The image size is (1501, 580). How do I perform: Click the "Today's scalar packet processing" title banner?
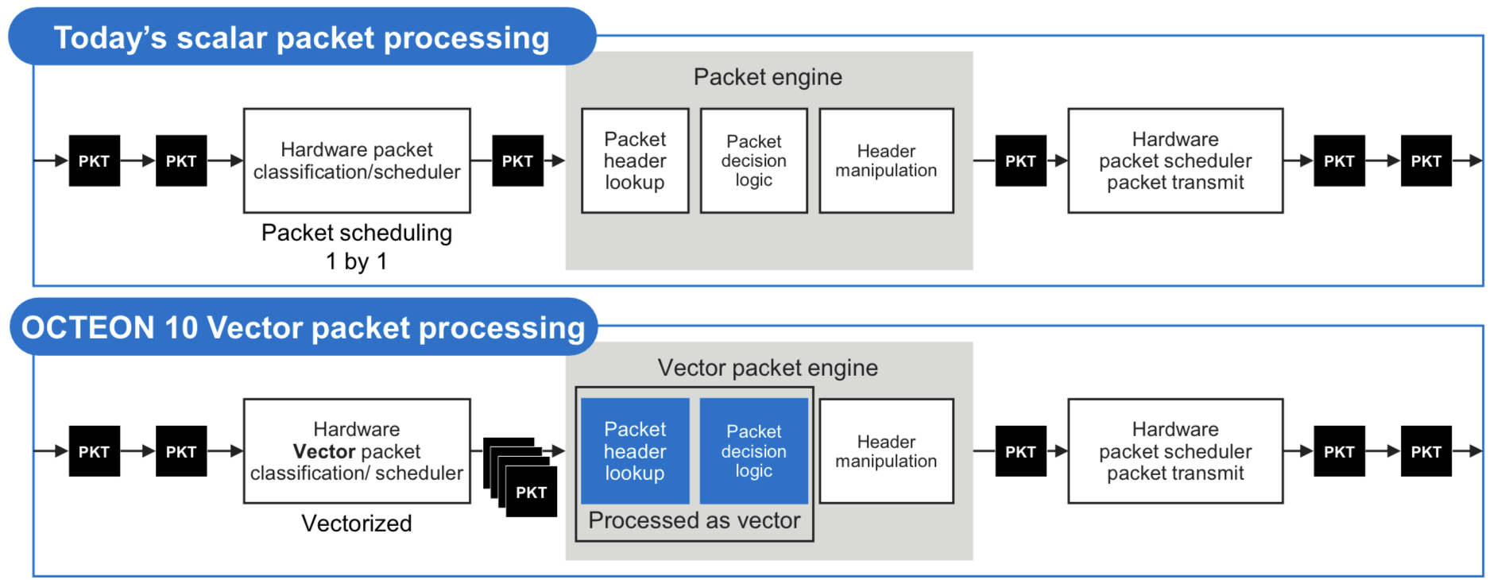302,37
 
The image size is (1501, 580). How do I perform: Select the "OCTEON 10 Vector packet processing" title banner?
303,327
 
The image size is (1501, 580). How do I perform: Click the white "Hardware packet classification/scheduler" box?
357,160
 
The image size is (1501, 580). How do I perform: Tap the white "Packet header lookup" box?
635,160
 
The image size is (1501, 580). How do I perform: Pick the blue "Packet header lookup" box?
635,450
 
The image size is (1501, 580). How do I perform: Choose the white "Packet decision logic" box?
753,160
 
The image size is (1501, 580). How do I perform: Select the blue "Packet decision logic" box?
753,450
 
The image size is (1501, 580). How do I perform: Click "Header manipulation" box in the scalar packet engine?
886,160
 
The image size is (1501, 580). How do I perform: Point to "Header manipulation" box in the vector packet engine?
886,450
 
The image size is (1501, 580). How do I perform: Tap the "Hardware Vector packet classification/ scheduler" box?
357,450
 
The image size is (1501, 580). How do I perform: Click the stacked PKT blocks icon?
521,477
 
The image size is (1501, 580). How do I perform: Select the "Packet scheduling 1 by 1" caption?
357,246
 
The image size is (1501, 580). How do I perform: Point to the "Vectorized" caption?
357,524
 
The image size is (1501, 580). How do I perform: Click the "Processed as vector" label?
694,520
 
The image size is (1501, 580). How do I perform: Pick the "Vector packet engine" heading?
768,368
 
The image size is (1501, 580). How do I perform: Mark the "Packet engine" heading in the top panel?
768,77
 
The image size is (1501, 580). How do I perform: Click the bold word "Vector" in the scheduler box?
323,451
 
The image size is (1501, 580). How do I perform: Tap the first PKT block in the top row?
94,160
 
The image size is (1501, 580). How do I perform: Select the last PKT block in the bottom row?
1426,450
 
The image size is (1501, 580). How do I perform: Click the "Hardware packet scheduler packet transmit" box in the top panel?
1175,160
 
